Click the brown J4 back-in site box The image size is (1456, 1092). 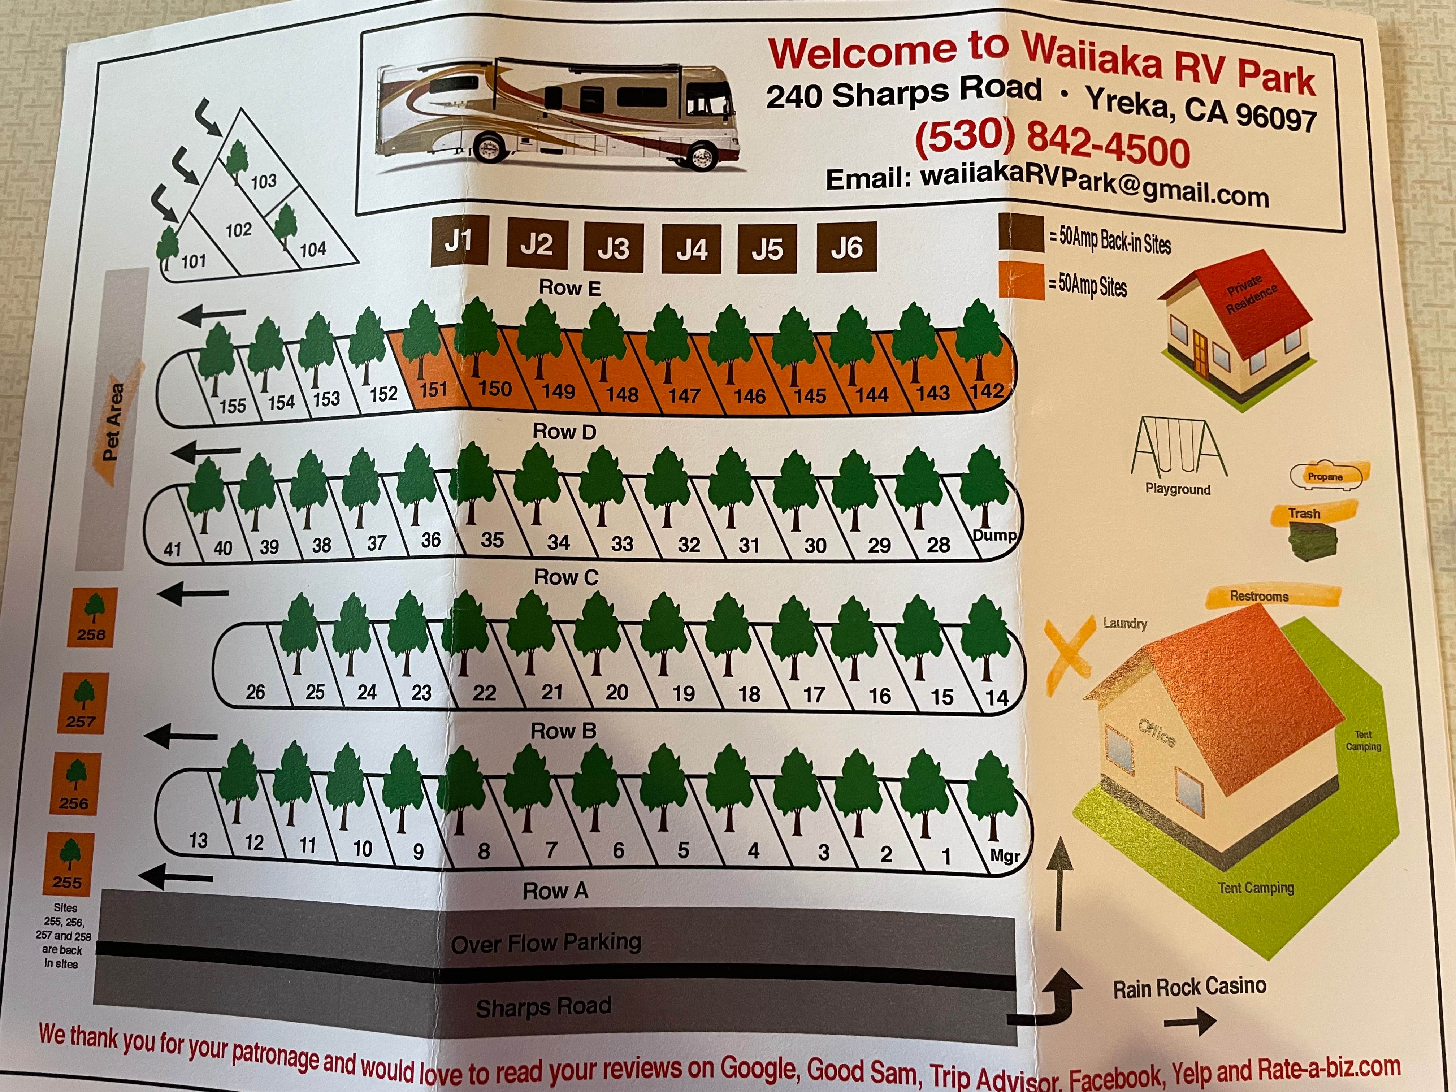pyautogui.click(x=691, y=248)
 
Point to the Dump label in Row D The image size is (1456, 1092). pyautogui.click(x=994, y=535)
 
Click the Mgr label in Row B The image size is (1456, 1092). pyautogui.click(x=1005, y=856)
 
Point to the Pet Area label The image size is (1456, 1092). pyautogui.click(x=113, y=421)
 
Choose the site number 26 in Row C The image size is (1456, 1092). pyautogui.click(x=255, y=692)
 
